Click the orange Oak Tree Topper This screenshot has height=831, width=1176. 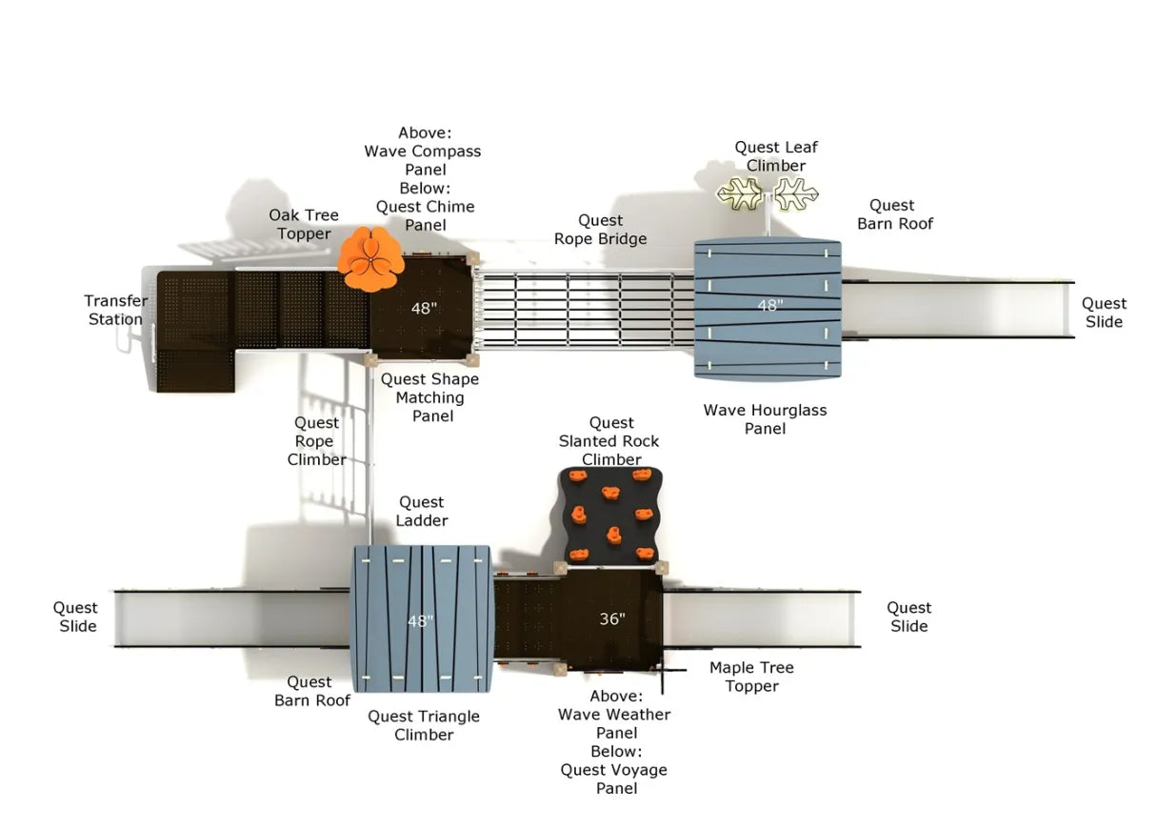tap(371, 258)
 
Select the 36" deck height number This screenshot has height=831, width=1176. tap(612, 619)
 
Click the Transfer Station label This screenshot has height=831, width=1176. tap(116, 310)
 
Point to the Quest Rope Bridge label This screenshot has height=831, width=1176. tap(600, 230)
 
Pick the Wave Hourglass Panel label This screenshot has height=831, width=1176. tap(765, 419)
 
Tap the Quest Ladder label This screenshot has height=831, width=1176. tap(422, 511)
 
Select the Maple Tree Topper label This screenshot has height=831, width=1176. tap(751, 677)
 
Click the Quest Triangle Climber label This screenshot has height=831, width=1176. tap(424, 725)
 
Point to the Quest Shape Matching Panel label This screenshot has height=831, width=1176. tap(430, 397)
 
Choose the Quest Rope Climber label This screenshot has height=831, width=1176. tap(317, 441)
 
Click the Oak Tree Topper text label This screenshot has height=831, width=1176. tap(304, 225)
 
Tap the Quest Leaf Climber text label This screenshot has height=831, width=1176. tap(776, 156)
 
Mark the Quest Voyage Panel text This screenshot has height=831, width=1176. tap(613, 779)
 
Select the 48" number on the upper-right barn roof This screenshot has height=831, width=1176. tap(768, 306)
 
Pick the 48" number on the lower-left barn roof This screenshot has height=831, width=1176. tap(420, 621)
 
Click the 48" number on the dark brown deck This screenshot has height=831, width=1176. tap(424, 309)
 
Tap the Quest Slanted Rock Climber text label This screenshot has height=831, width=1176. tap(610, 441)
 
